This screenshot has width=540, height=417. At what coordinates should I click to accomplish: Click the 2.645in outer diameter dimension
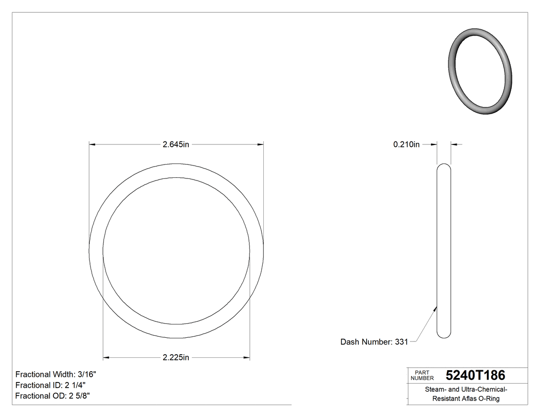pyautogui.click(x=176, y=145)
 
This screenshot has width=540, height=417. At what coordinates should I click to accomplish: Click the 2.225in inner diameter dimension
pyautogui.click(x=176, y=357)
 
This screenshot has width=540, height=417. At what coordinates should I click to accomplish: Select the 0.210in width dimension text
pyautogui.click(x=406, y=145)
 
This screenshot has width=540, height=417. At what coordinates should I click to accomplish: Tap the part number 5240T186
pyautogui.click(x=475, y=375)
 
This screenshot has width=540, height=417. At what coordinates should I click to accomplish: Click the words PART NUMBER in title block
pyautogui.click(x=422, y=375)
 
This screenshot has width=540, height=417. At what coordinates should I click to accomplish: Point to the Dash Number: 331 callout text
pyautogui.click(x=374, y=342)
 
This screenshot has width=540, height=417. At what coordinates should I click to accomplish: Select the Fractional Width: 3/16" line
pyautogui.click(x=56, y=375)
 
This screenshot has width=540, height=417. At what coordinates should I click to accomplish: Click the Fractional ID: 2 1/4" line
pyautogui.click(x=50, y=385)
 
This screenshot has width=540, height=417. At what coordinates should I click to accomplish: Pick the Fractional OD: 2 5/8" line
pyautogui.click(x=53, y=396)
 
